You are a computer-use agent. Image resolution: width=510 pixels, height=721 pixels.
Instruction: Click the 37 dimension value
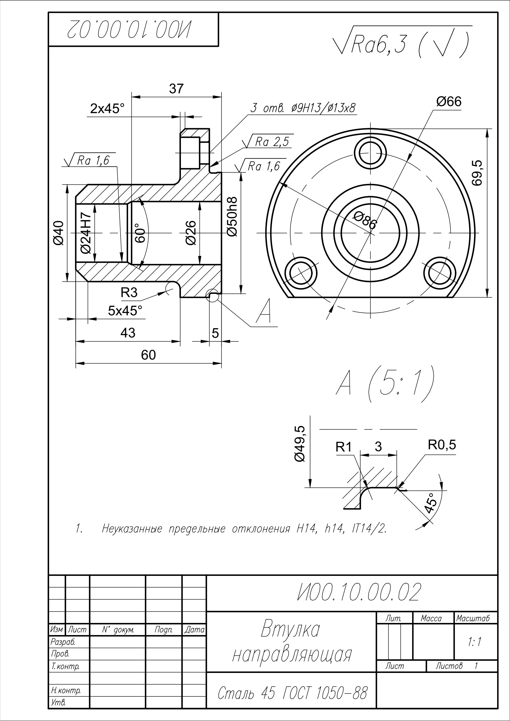[176, 89]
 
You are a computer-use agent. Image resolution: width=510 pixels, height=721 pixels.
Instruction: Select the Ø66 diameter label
[448, 102]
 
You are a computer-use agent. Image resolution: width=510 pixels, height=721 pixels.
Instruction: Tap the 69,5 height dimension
[477, 173]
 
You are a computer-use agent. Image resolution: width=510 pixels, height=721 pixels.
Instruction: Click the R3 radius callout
[129, 292]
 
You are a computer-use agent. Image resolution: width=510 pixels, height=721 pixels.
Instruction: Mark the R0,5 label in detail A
[442, 445]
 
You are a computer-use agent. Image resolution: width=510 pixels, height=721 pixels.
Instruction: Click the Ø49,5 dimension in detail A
[300, 444]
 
